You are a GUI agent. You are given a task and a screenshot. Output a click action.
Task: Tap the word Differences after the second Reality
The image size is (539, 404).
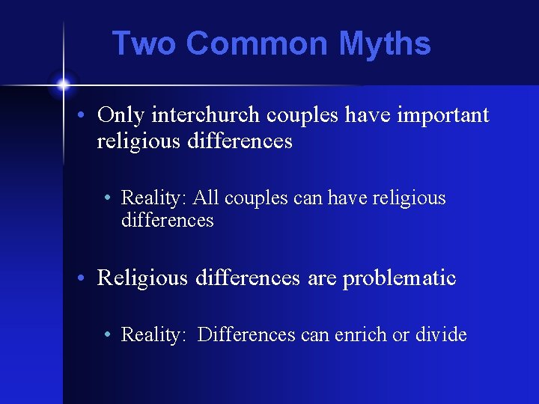[246, 334]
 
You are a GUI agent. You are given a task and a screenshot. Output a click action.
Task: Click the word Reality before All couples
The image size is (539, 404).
[153, 198]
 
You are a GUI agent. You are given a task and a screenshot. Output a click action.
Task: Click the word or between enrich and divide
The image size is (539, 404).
[401, 334]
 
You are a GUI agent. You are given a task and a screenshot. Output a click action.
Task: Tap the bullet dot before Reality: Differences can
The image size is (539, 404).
[109, 336]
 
